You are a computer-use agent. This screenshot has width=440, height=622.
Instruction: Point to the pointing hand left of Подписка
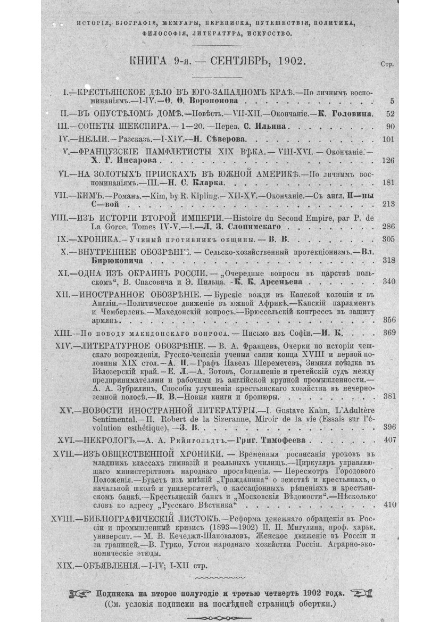pos(82,593)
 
